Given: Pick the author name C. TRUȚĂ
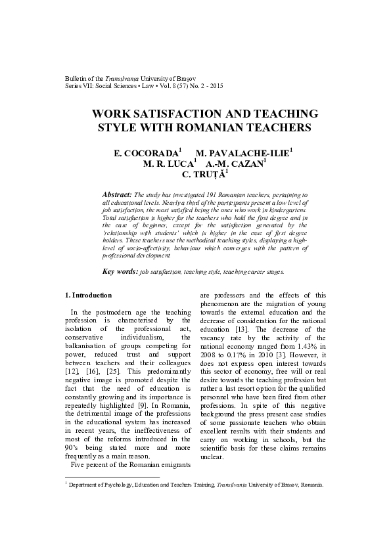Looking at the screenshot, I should pos(202,175).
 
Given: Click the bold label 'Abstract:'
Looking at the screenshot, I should pos(118,195).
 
